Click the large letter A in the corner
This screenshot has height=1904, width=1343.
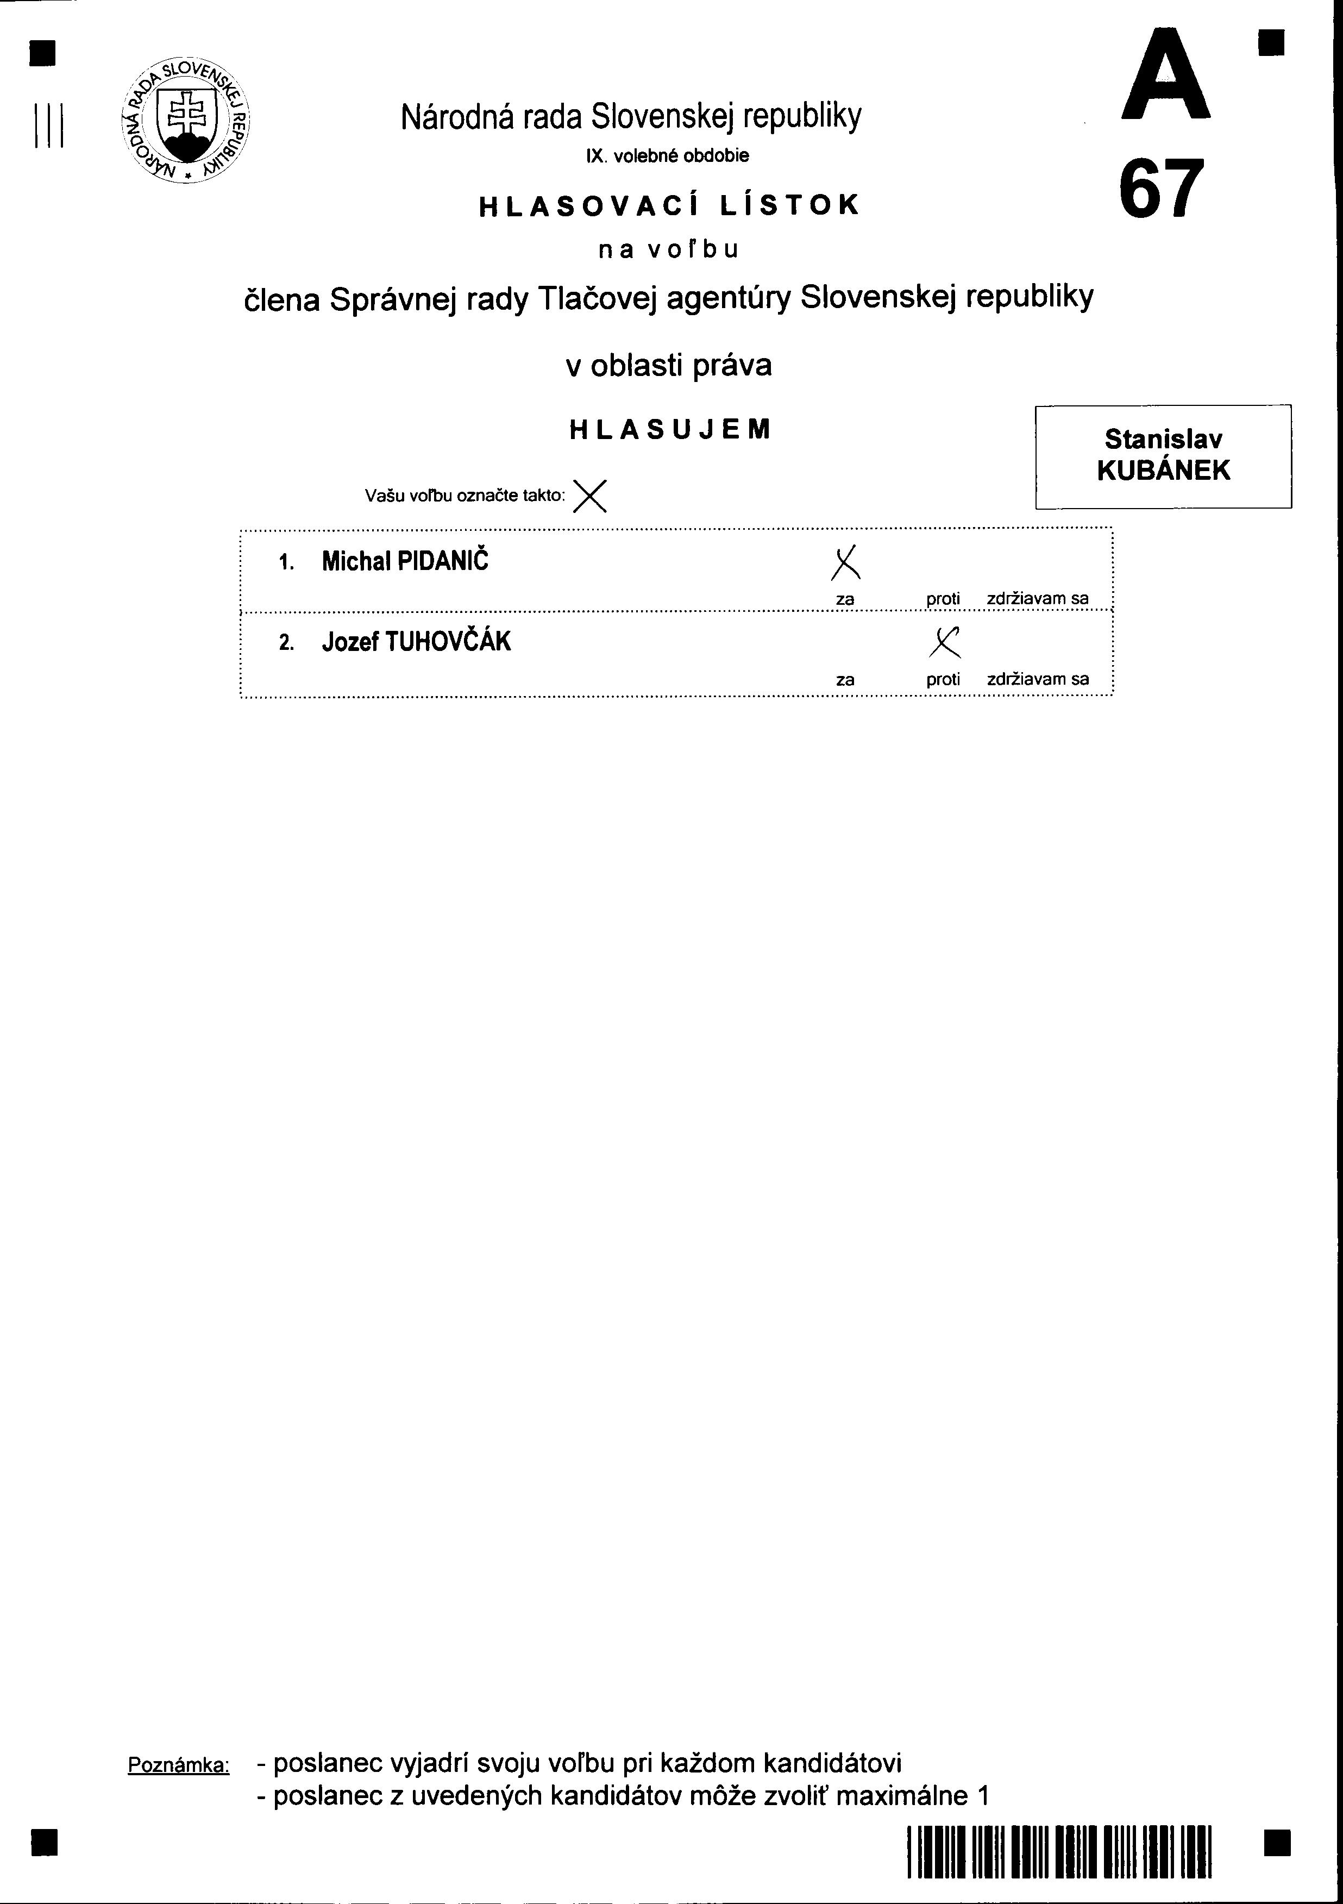tap(1165, 76)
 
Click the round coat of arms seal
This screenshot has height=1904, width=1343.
tap(186, 122)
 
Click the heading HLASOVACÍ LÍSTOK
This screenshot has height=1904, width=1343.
tap(670, 205)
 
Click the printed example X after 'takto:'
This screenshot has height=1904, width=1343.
tap(589, 496)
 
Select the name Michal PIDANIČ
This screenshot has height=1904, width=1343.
tap(405, 561)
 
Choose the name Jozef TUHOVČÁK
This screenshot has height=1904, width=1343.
tap(416, 642)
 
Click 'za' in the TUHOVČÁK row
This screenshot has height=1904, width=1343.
tap(845, 680)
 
